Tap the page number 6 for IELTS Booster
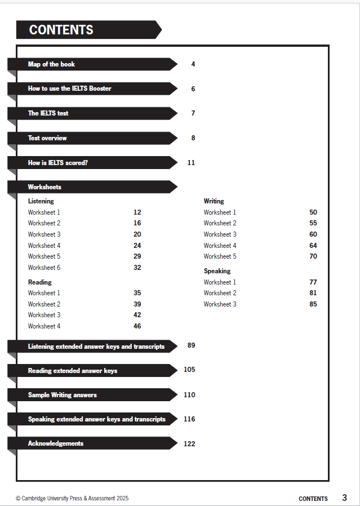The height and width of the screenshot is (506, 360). [x=193, y=89]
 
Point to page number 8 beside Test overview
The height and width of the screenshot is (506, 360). [x=193, y=138]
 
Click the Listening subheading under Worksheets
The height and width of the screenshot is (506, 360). [x=41, y=201]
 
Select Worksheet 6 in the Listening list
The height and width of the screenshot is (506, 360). [x=44, y=268]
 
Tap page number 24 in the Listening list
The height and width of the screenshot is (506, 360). [x=137, y=246]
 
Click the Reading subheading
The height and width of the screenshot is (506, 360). [x=39, y=282]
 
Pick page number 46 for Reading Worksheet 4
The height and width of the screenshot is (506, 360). [x=137, y=326]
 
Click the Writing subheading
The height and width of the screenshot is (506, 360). [x=214, y=201]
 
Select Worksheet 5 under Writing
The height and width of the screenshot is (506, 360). [x=220, y=256]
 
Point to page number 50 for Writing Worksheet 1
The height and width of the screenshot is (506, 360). [x=313, y=212]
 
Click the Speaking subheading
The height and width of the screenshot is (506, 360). [x=217, y=271]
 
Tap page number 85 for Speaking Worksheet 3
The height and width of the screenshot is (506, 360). [x=313, y=304]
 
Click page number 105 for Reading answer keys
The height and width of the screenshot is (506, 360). [x=189, y=370]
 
